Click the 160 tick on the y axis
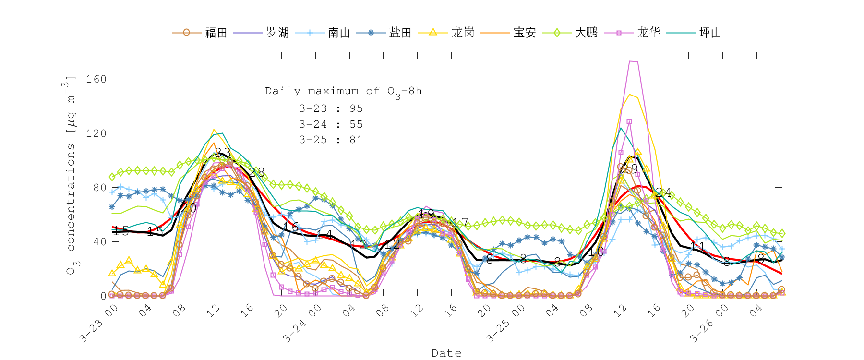(96, 79)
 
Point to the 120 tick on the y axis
(96, 133)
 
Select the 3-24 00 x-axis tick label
(301, 324)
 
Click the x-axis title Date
(446, 353)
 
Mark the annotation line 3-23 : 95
(331, 109)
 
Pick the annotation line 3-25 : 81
(331, 140)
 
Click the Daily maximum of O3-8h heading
(343, 91)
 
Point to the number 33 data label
(222, 153)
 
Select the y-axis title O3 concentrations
(71, 175)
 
